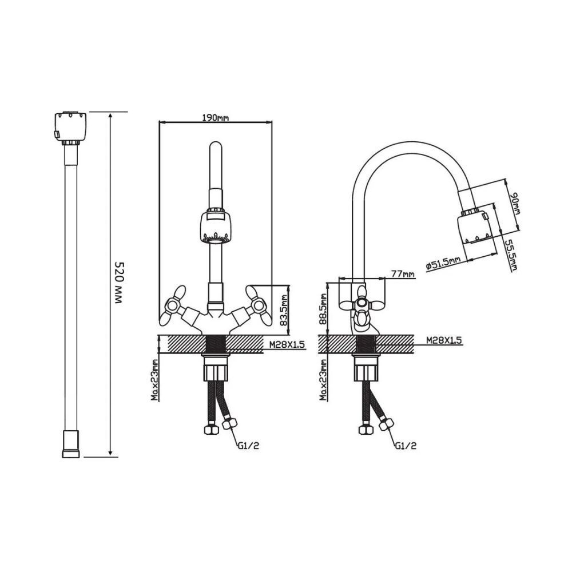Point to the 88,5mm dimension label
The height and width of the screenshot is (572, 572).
[323, 309]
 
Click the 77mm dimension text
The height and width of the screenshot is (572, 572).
[403, 273]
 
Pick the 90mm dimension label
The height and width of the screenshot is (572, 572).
[515, 204]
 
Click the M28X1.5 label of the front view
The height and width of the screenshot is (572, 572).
[287, 344]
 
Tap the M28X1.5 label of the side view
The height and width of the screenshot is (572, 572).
[444, 340]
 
